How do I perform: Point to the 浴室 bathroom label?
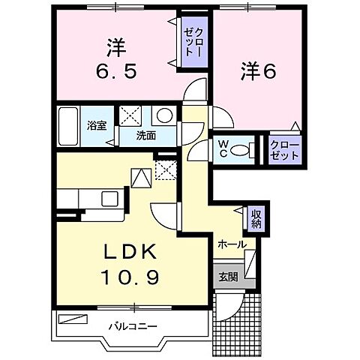[95, 125]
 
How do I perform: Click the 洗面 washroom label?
[145, 136]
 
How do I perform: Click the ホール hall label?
[232, 244]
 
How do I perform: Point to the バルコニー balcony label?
[131, 326]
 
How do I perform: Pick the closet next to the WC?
[284, 148]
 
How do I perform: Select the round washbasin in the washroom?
[165, 116]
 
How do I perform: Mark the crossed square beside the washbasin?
[133, 117]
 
